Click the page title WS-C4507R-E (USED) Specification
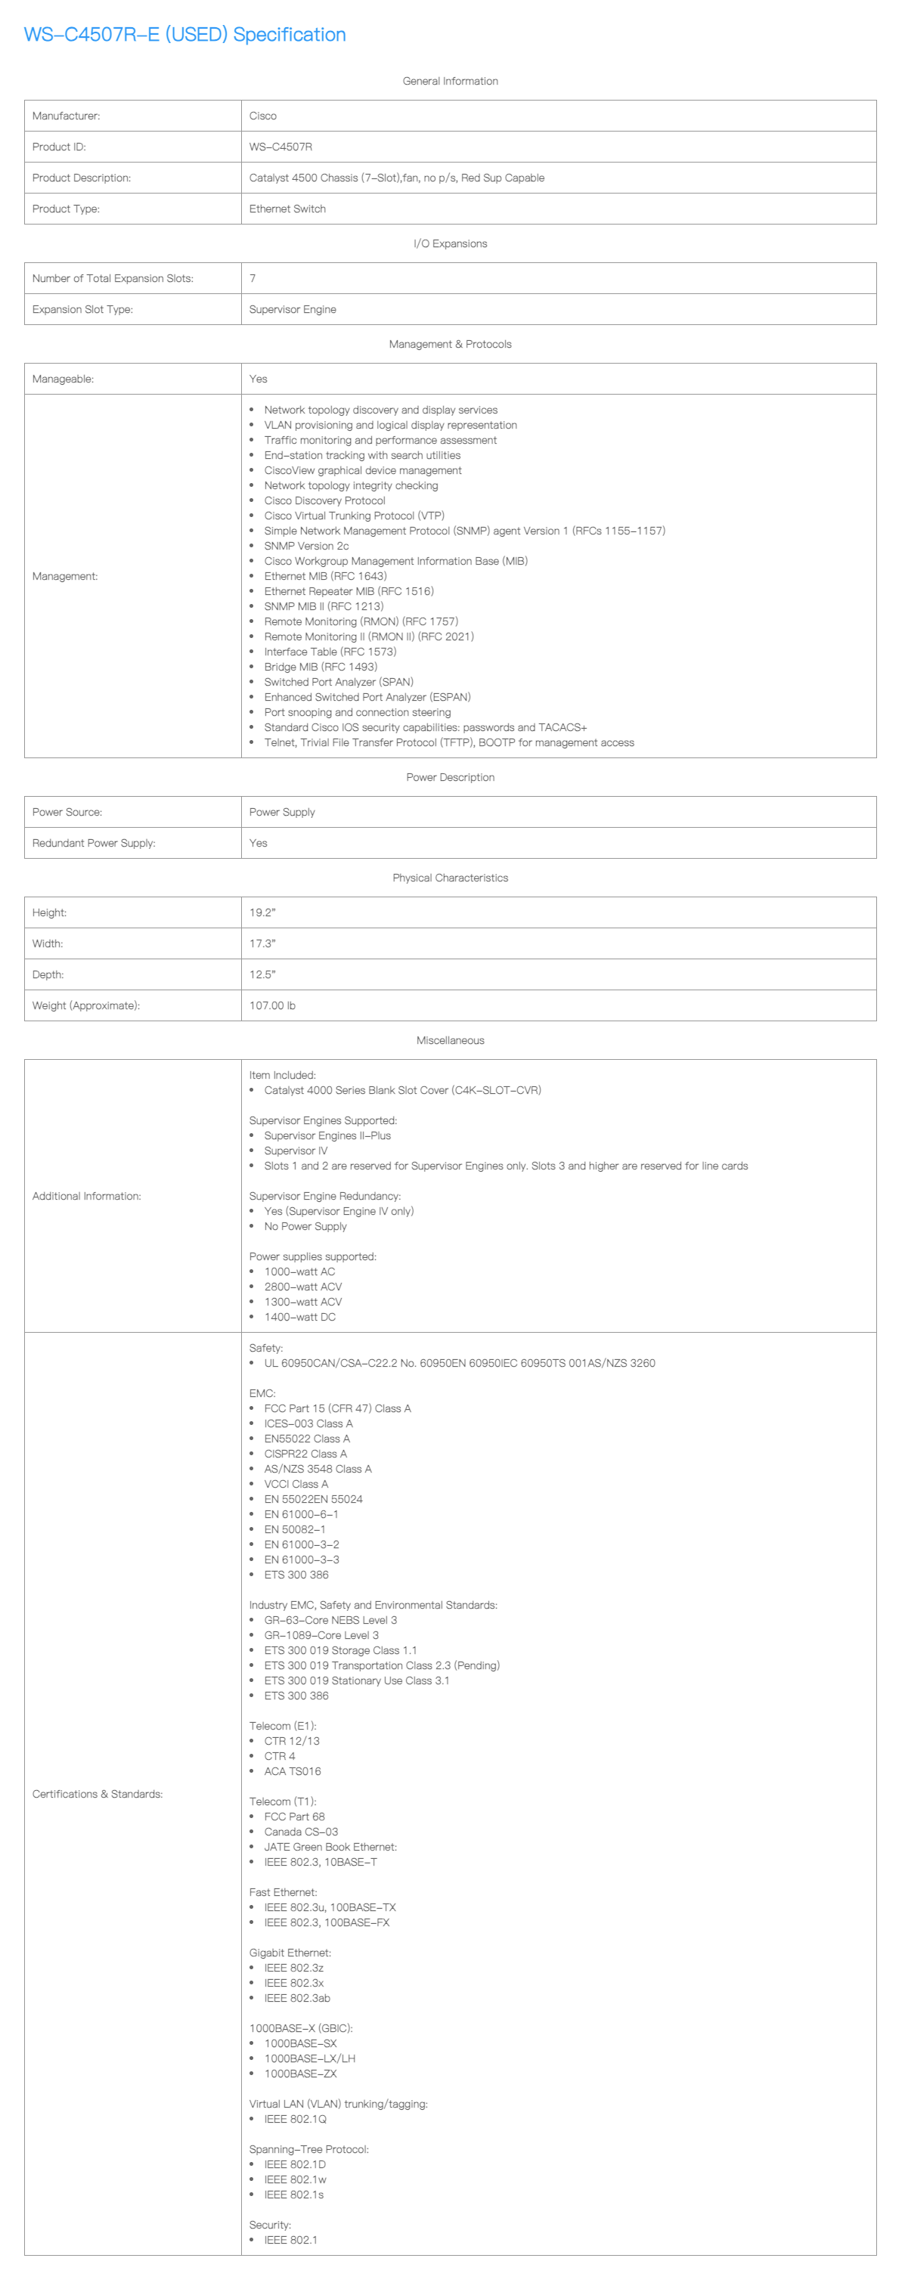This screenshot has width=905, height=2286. (184, 35)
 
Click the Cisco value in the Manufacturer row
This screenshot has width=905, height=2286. (262, 116)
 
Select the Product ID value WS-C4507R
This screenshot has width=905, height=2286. (280, 147)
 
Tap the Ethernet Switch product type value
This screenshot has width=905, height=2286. (287, 209)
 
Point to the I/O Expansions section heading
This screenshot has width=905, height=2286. (450, 244)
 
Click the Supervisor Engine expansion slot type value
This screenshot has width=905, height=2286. (293, 310)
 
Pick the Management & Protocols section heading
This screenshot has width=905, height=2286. (450, 344)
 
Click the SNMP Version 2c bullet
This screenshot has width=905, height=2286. (306, 547)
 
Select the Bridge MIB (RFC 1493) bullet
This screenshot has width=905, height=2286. (321, 668)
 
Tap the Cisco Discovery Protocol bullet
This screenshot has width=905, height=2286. (325, 501)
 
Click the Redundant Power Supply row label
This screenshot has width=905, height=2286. (93, 843)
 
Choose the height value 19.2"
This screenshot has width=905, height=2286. (262, 913)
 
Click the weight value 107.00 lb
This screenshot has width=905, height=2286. (272, 1006)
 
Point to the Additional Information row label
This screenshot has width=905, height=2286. (86, 1196)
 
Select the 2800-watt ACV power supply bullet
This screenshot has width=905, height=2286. (302, 1287)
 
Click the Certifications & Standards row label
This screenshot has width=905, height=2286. (98, 1793)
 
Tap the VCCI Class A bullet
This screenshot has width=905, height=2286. (296, 1484)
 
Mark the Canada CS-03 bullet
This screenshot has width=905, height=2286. (301, 1832)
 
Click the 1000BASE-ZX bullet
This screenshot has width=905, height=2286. (300, 2074)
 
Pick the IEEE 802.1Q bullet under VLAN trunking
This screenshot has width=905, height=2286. (296, 2119)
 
